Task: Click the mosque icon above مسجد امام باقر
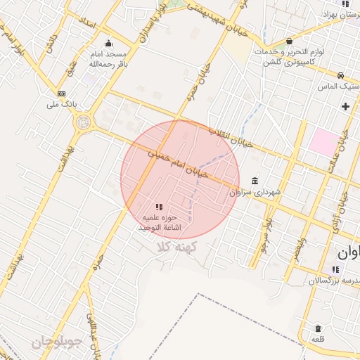(x=107, y=43)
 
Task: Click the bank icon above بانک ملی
(x=62, y=94)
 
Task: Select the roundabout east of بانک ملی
(x=83, y=123)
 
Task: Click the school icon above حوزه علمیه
(x=159, y=207)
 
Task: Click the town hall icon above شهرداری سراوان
(x=254, y=180)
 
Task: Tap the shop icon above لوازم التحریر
(x=290, y=41)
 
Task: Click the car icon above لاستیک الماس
(x=340, y=76)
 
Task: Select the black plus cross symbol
(x=345, y=106)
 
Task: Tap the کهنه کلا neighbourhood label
(x=176, y=247)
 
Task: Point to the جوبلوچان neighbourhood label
(x=58, y=344)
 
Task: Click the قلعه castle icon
(x=318, y=328)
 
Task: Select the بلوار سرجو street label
(x=265, y=236)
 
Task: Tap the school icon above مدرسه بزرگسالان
(x=335, y=269)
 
